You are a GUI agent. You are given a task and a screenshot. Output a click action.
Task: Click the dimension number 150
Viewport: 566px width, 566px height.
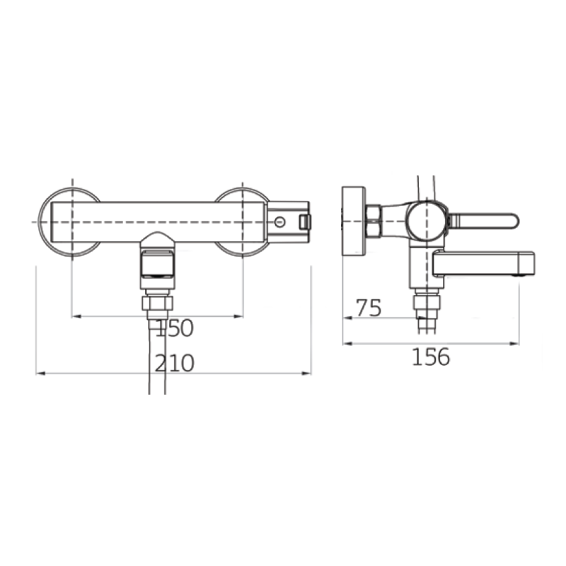174,328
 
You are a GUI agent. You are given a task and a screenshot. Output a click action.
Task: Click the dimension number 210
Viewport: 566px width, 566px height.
175,363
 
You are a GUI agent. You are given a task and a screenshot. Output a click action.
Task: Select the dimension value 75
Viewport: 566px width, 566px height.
369,308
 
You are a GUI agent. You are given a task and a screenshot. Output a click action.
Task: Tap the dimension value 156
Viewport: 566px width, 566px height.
431,357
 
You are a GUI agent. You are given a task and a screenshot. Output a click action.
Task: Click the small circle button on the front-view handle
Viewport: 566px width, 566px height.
279,221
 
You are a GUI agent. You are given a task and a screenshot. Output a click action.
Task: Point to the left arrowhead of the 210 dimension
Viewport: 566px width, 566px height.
40,374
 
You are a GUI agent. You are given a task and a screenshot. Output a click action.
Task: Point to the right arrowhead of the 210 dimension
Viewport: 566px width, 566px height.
306,374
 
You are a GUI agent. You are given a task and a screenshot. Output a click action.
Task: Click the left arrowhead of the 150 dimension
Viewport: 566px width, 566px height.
76,316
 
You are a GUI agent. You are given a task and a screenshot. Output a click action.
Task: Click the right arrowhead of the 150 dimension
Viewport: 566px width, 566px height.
238,316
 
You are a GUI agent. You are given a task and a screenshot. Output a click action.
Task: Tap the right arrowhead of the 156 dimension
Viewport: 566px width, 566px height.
514,344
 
